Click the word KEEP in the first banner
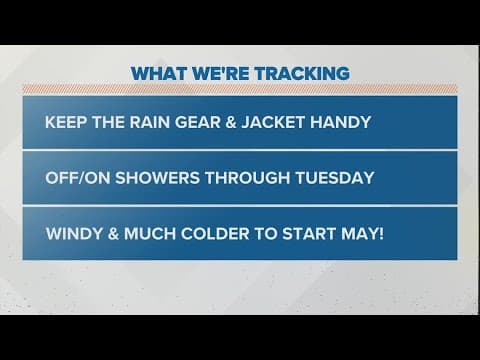66,123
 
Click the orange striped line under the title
240,91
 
